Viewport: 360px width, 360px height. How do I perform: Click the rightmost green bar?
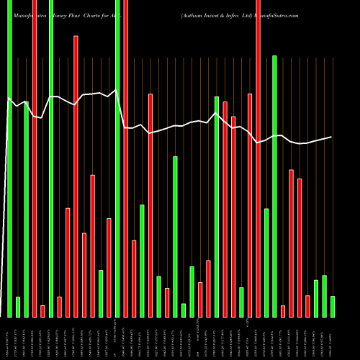[x=333, y=307]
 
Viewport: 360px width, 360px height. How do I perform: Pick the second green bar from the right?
[x=324, y=296]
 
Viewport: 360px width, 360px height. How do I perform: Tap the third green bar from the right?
[x=316, y=299]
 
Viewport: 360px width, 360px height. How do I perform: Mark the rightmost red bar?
[x=307, y=306]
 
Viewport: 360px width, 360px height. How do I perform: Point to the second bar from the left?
[x=18, y=307]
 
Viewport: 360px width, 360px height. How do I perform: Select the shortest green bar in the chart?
[x=184, y=310]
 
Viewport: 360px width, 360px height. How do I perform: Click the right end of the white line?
[x=332, y=137]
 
